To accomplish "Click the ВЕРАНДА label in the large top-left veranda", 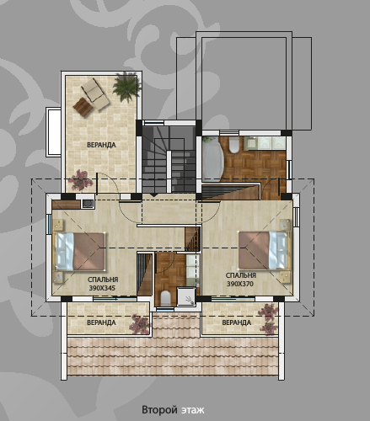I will (x=100, y=145).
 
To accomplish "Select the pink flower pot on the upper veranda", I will (x=81, y=179).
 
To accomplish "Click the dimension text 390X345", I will (x=101, y=288).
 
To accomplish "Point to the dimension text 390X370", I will (x=240, y=284).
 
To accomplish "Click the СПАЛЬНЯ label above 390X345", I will (x=101, y=280).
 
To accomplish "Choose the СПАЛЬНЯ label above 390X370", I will (x=240, y=275).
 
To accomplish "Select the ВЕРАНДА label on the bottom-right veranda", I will (x=237, y=322).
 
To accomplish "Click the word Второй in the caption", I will (x=159, y=410).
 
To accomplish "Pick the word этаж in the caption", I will (x=193, y=410).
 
